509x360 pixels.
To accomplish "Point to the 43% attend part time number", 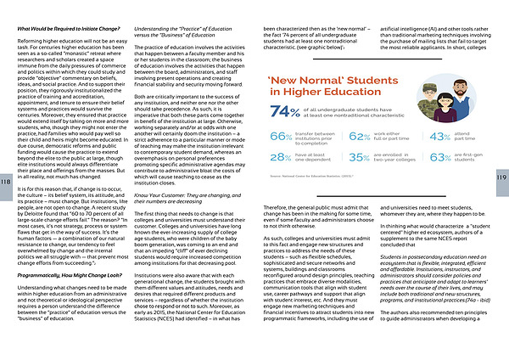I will (x=439, y=136).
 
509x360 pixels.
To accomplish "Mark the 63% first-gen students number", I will (x=439, y=157).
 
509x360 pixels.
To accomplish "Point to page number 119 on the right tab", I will (x=502, y=178).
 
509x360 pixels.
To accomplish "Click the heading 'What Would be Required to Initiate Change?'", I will (x=67, y=30).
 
